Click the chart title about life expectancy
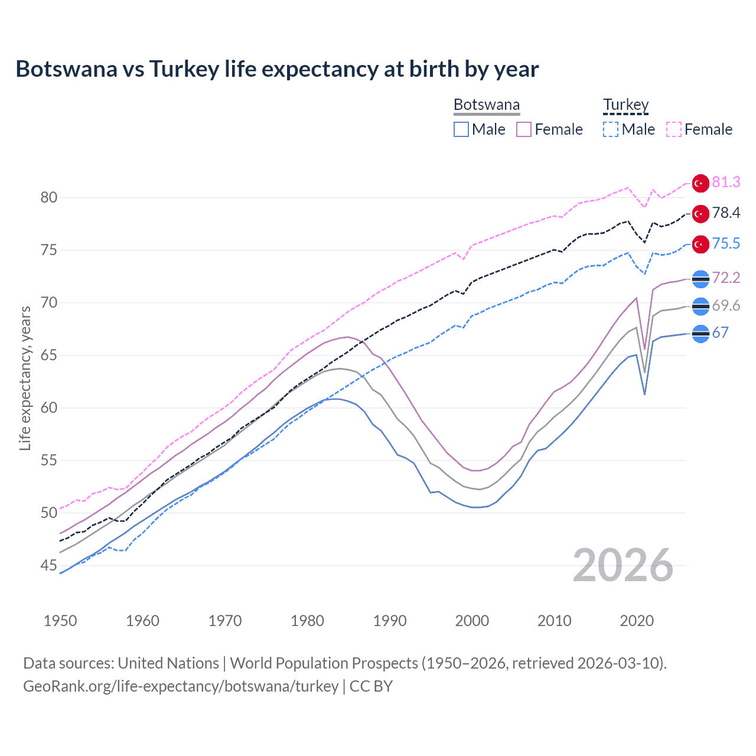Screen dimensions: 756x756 (277, 69)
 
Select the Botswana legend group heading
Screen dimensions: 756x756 (487, 105)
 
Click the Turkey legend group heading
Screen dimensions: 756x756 (625, 105)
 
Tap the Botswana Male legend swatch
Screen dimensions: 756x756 (461, 129)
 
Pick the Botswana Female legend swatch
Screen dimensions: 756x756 (524, 129)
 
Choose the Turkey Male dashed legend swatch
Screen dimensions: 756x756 (611, 129)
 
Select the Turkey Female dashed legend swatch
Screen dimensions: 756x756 (674, 129)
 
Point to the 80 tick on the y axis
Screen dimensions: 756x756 (49, 197)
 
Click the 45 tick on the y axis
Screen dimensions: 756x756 (49, 566)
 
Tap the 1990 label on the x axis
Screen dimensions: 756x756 (390, 621)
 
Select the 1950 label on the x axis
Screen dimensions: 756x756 (60, 621)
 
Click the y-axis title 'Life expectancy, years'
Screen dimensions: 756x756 (25, 378)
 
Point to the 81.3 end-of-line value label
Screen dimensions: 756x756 (726, 183)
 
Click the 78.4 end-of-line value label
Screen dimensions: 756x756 (726, 213)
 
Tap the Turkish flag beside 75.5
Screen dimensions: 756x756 (700, 244)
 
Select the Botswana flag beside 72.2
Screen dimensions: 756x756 (700, 279)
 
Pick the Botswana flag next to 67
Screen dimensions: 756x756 (700, 334)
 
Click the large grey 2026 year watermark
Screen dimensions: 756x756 (623, 565)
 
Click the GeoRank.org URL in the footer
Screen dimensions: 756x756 (181, 686)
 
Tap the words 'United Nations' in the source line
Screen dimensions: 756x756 (168, 663)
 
